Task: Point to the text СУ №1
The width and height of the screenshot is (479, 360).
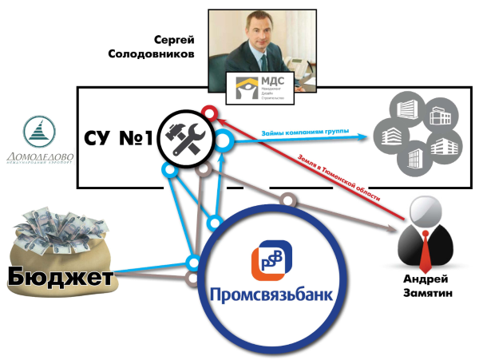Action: point(119,138)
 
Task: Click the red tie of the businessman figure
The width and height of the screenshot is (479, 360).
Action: point(423,249)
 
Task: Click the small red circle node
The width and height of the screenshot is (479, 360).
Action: point(208,112)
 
